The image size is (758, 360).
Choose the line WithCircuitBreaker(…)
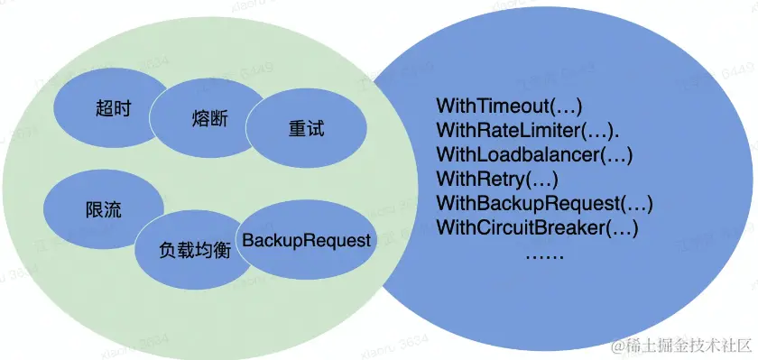coord(538,226)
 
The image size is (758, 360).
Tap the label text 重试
coord(307,129)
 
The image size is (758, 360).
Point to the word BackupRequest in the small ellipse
coord(307,241)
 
